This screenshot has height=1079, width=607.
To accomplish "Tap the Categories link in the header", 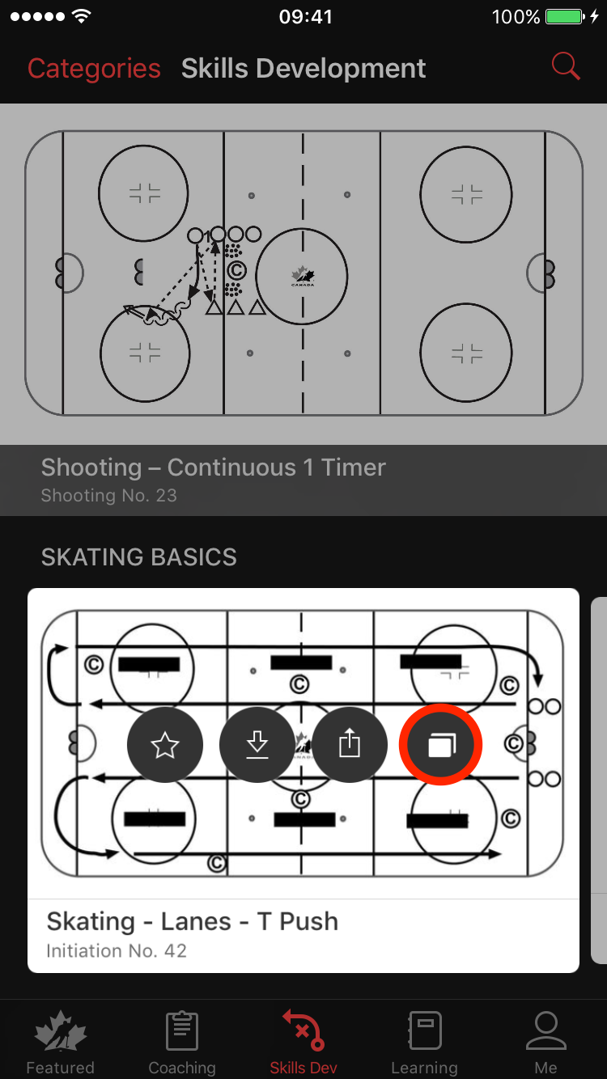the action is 94,69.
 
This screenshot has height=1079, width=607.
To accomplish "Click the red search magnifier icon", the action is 566,66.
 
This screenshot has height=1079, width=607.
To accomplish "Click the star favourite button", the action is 165,745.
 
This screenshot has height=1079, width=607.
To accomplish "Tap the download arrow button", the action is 257,745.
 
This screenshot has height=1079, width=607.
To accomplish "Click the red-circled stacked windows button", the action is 440,745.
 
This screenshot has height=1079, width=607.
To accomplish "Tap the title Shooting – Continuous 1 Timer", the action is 213,468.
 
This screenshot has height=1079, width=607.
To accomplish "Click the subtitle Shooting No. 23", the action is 109,496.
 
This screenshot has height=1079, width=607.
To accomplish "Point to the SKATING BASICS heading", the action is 139,557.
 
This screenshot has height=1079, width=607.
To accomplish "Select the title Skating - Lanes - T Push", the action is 193,921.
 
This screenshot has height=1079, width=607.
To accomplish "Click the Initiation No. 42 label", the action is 117,951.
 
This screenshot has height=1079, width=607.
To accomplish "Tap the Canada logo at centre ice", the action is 303,276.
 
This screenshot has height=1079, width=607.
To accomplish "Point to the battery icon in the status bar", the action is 565,17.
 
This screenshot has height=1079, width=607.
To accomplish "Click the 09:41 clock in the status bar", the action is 306,17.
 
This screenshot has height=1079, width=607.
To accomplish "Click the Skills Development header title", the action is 303,69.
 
